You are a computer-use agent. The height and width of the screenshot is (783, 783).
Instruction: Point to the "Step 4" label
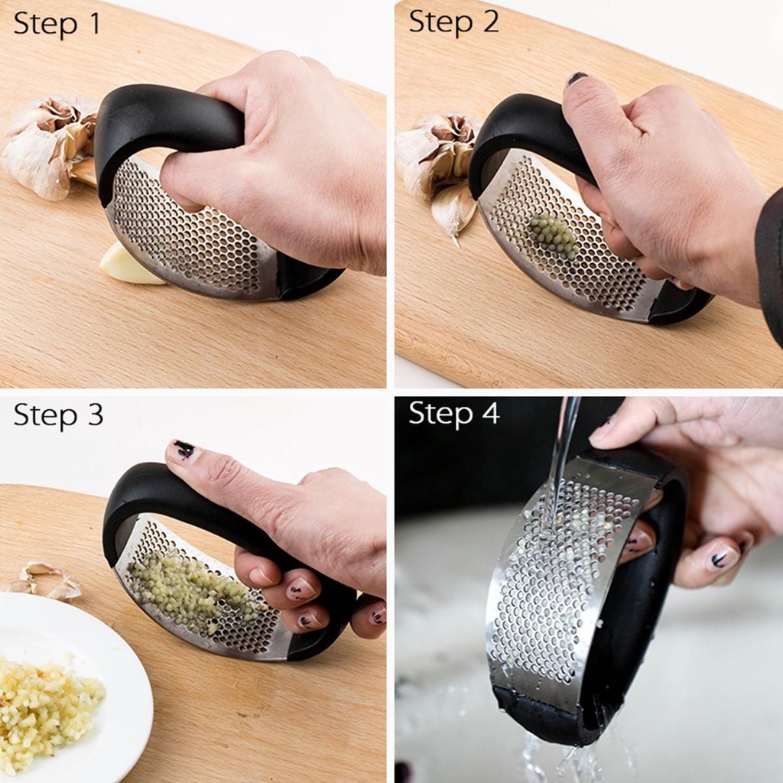454,413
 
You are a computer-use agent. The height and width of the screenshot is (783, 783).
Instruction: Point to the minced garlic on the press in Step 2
554,234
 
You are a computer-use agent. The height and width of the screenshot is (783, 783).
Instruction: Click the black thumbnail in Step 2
577,78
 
